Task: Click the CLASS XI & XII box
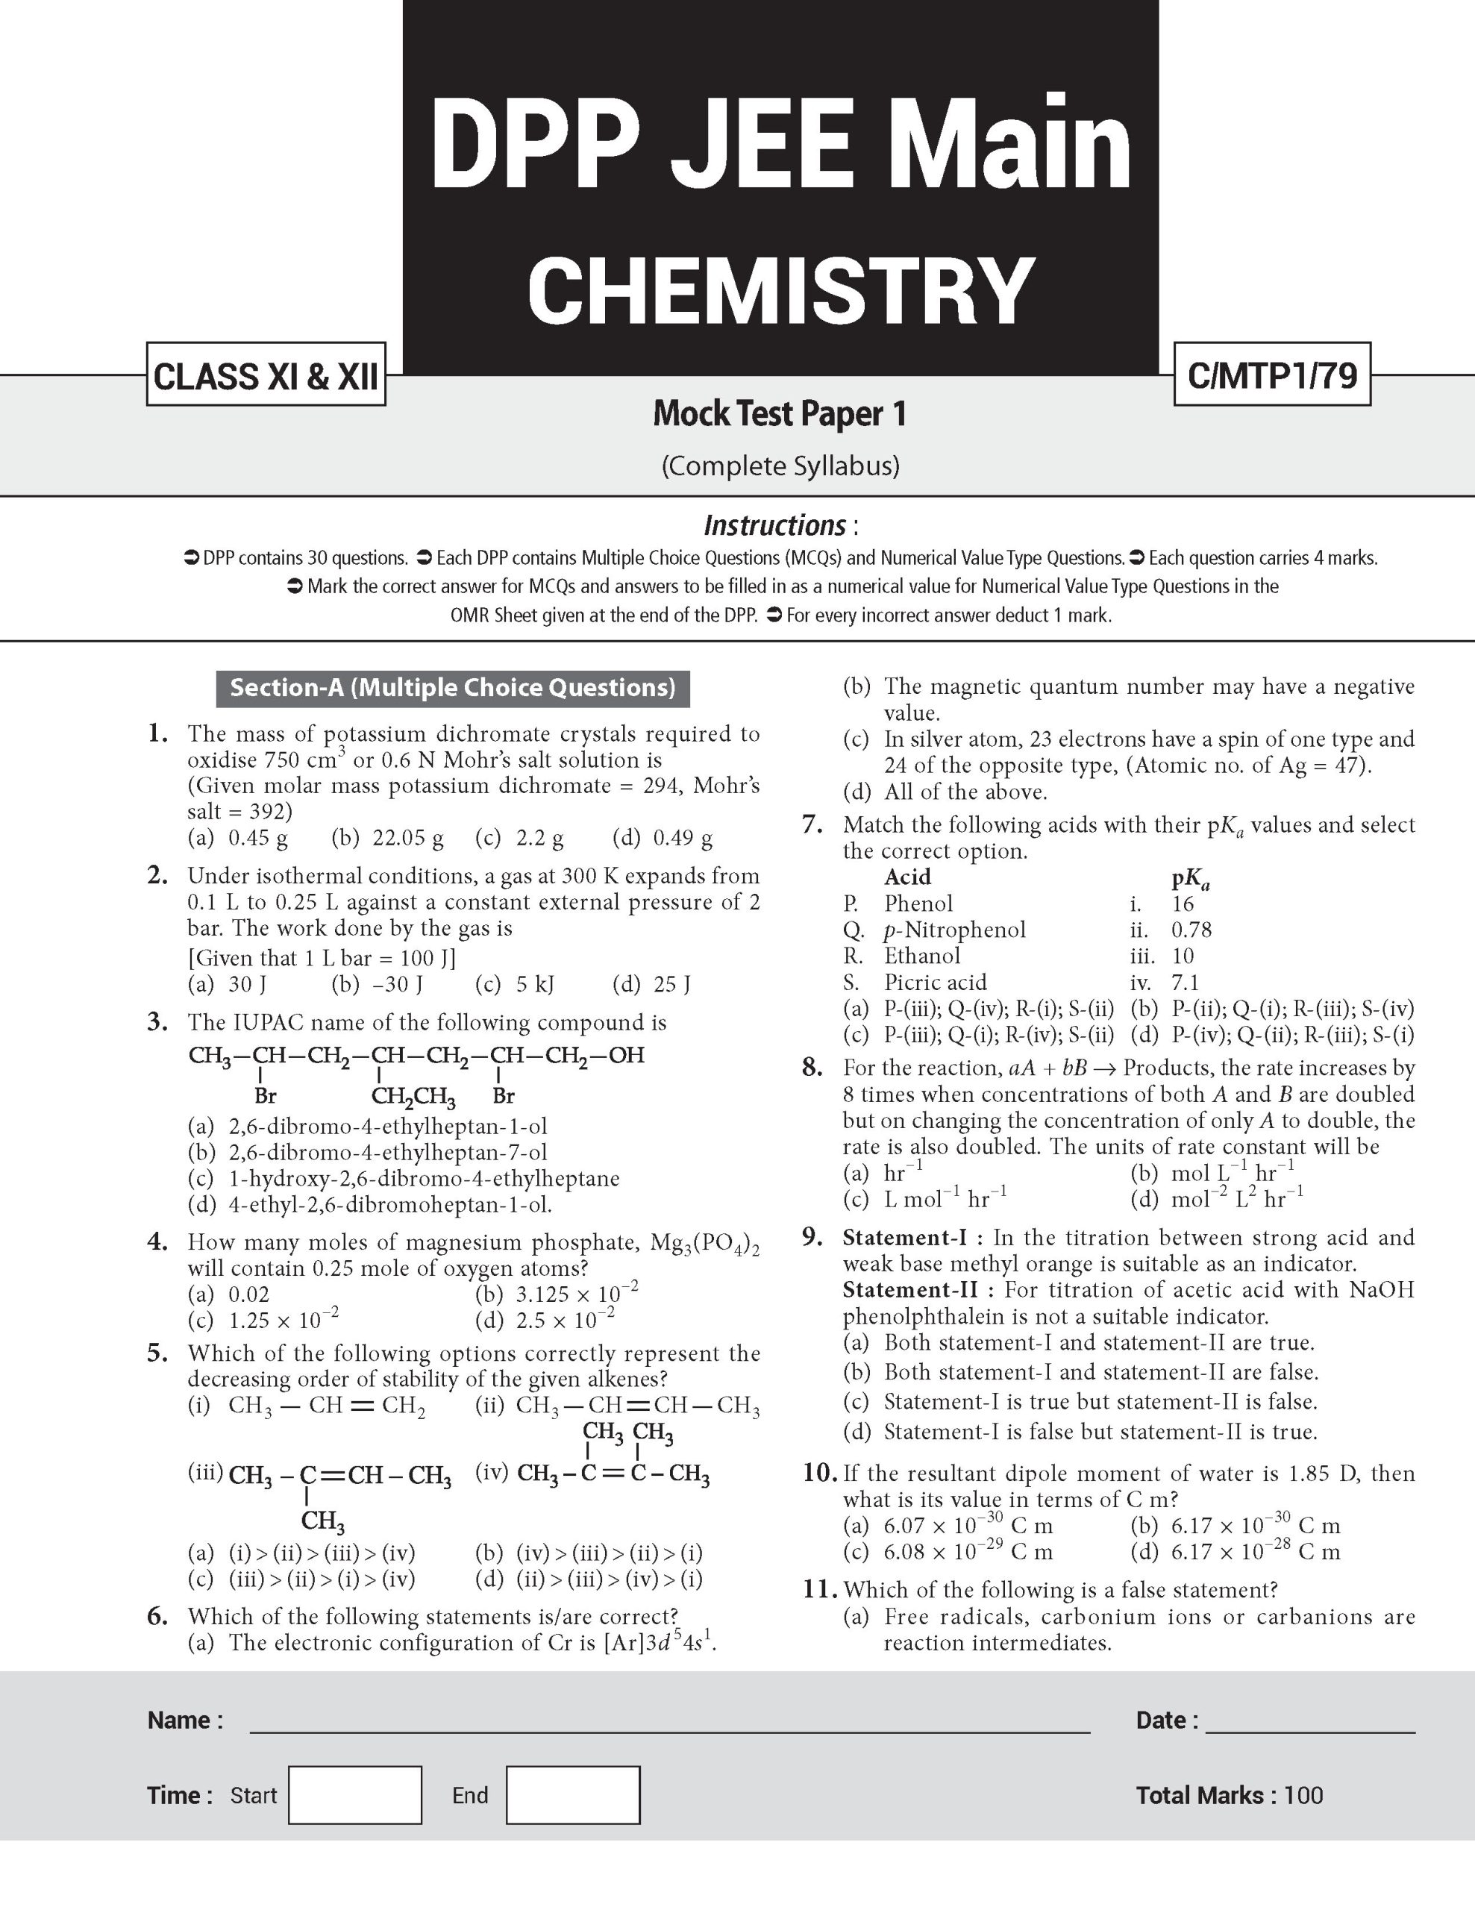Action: point(266,375)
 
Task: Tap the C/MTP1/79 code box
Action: point(1271,375)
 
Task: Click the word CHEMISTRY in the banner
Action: point(781,289)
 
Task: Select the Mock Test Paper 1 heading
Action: point(780,413)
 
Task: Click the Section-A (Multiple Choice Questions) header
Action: point(452,688)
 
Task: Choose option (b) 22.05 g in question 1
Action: point(387,839)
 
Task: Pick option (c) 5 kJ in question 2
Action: point(514,985)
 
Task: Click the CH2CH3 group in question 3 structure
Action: point(413,1097)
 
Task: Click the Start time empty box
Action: point(355,1795)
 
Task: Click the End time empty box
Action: point(573,1795)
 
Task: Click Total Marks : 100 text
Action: point(1230,1795)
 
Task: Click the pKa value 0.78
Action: point(1191,930)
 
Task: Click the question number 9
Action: point(812,1238)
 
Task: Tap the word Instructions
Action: point(774,525)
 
